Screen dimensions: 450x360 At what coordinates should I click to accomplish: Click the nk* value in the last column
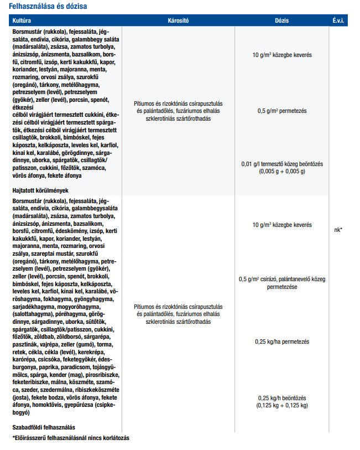point(338,230)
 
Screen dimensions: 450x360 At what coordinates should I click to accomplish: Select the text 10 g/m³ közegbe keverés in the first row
point(282,55)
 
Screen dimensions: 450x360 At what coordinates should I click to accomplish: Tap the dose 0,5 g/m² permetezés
point(282,111)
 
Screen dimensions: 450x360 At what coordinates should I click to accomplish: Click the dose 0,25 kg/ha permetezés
point(282,342)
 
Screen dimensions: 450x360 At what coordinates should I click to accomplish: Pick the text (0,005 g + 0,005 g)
point(282,172)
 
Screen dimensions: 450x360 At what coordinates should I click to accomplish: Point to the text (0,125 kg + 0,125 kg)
point(282,405)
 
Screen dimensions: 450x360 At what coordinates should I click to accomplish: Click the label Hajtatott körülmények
point(40,190)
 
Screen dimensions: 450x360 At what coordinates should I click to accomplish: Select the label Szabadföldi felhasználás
point(44,427)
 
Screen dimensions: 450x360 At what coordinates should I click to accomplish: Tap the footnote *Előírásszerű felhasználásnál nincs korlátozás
point(71,438)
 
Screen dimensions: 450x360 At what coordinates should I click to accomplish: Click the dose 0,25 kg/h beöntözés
point(282,398)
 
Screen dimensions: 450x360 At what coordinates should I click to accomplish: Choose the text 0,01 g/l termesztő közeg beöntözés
point(282,164)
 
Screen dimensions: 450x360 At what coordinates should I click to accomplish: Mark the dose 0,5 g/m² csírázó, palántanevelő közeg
point(282,280)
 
